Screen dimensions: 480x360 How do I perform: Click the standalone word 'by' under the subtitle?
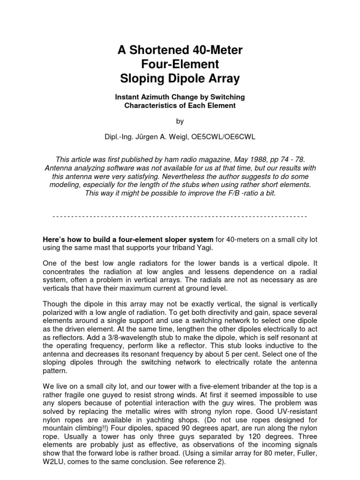coord(180,121)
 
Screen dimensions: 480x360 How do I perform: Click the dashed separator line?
coord(180,217)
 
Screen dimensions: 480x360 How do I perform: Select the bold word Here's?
coord(56,239)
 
